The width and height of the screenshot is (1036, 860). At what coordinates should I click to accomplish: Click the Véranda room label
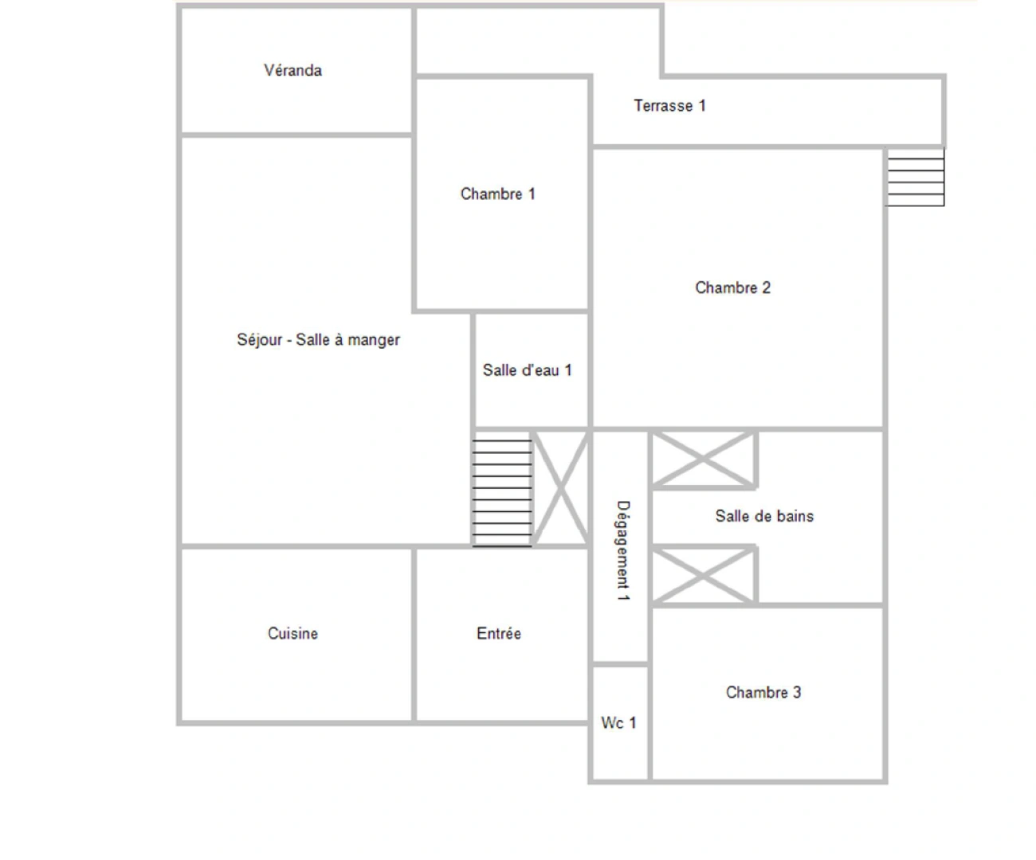[x=292, y=70]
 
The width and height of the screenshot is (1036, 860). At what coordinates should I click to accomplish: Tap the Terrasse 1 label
[x=669, y=105]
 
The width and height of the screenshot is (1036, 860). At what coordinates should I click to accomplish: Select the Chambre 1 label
[x=497, y=193]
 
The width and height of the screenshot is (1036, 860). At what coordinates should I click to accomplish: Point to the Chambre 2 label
[x=732, y=287]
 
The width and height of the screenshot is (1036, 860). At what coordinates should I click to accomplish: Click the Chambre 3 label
[x=763, y=692]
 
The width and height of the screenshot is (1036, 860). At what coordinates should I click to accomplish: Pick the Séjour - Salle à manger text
[x=318, y=340]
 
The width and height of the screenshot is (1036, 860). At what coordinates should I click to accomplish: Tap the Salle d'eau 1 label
[x=527, y=370]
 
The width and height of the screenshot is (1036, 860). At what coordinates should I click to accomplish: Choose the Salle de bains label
[x=764, y=516]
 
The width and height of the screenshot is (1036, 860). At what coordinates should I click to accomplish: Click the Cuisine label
[x=292, y=634]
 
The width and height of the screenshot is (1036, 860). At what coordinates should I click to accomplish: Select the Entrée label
[x=499, y=634]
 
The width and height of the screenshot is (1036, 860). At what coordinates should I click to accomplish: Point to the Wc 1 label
[x=618, y=723]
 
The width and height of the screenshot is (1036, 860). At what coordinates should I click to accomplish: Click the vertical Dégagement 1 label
[x=623, y=550]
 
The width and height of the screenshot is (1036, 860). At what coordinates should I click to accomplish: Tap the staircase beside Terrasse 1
[x=916, y=178]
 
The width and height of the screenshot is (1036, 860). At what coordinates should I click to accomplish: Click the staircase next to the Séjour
[x=502, y=491]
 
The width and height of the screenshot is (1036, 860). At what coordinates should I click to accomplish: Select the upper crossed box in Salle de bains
[x=703, y=459]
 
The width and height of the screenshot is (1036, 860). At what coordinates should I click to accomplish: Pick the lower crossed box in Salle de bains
[x=703, y=575]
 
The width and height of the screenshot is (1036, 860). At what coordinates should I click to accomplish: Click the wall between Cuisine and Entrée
[x=414, y=635]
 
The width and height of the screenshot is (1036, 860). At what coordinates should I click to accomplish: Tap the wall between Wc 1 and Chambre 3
[x=649, y=723]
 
